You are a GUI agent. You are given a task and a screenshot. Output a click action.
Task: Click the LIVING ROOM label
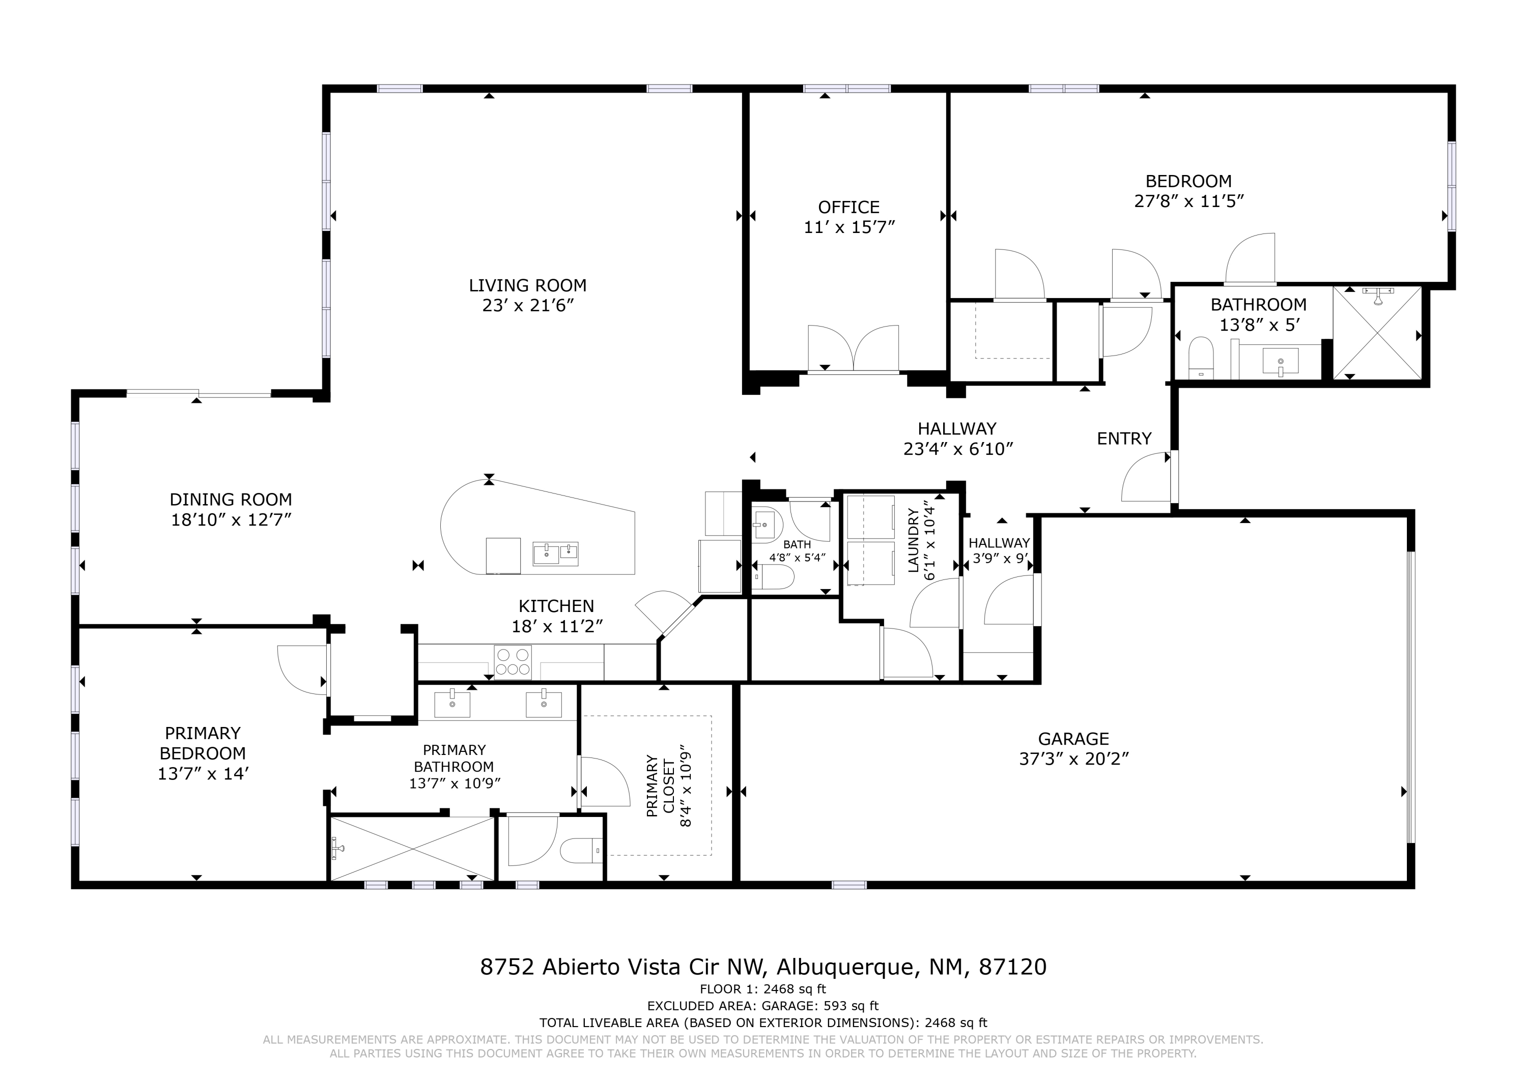point(527,286)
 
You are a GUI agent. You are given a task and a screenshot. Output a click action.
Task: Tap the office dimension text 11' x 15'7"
point(850,227)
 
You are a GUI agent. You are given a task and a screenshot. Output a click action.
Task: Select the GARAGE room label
point(1073,739)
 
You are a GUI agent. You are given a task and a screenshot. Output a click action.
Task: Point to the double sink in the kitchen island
point(555,553)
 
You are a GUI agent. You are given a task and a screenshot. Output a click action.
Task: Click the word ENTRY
point(1124,439)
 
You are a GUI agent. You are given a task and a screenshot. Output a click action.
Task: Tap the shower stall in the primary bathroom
point(412,849)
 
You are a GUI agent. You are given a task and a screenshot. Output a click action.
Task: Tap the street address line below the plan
point(763,967)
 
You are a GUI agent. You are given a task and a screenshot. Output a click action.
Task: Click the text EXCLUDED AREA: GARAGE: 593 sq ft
point(763,1006)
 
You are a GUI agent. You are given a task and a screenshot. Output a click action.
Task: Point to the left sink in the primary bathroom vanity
point(453,704)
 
